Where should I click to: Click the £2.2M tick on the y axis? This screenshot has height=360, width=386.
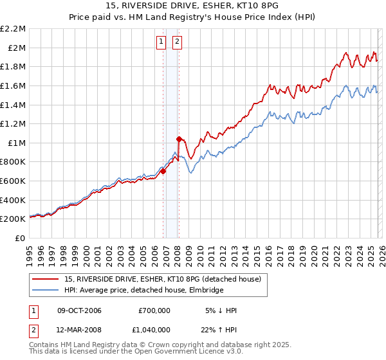pos(14,29)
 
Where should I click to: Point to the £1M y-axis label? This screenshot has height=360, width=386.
pos(17,143)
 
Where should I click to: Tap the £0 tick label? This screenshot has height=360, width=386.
pos(21,238)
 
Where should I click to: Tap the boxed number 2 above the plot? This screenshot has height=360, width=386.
pos(177,42)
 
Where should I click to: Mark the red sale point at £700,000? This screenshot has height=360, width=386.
pos(163,171)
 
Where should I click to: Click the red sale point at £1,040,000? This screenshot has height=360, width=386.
pos(179,139)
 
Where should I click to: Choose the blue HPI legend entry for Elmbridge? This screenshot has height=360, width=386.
pos(143,290)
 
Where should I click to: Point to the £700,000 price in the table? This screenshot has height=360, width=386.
pos(154,310)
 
